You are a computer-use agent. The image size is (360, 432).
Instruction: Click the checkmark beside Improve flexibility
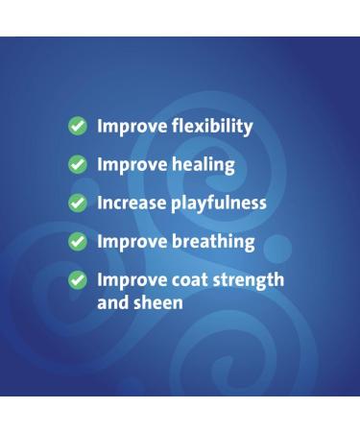coord(77,127)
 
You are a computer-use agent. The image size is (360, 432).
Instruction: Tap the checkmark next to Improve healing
coord(77,165)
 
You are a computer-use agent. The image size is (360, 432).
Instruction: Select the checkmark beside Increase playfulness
coord(77,204)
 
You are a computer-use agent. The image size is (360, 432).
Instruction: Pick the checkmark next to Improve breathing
coord(77,242)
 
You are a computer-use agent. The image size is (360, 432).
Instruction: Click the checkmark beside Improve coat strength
coord(77,280)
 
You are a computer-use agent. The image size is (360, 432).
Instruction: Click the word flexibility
coord(211,127)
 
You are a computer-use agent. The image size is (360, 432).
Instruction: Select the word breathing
coord(212,242)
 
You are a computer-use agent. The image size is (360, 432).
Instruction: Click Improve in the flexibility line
coord(131,127)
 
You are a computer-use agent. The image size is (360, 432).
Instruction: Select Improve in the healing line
coord(131,165)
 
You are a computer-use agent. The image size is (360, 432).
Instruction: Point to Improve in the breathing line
coord(131,242)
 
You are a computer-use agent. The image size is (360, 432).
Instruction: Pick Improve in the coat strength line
coord(131,280)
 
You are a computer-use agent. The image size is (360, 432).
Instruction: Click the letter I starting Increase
coord(100,203)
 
